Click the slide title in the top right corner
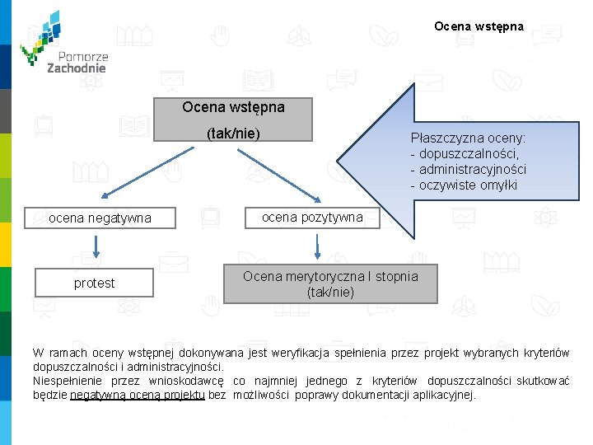pyautogui.click(x=479, y=26)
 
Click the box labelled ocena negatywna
pyautogui.click(x=100, y=218)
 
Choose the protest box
pyautogui.click(x=95, y=283)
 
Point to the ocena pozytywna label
pyautogui.click(x=312, y=217)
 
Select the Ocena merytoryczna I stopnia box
pyautogui.click(x=330, y=283)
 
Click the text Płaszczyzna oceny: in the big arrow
pyautogui.click(x=469, y=138)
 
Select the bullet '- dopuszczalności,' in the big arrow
pyautogui.click(x=465, y=154)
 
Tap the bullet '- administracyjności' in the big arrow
pyautogui.click(x=468, y=170)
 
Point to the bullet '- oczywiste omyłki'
pyautogui.click(x=464, y=185)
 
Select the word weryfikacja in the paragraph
pyautogui.click(x=296, y=353)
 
